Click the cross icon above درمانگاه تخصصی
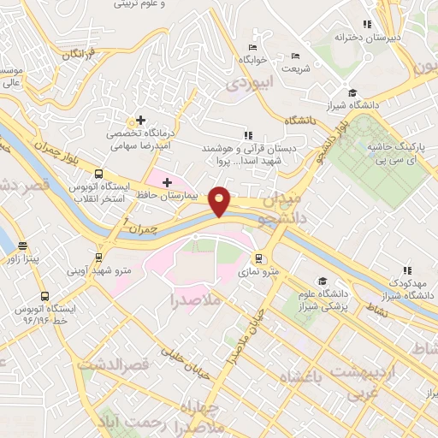tap(141, 121)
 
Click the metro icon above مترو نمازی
tap(257, 257)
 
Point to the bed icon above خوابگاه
tap(252, 47)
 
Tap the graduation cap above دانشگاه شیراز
tap(352, 93)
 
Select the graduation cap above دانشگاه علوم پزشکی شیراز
tap(323, 281)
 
